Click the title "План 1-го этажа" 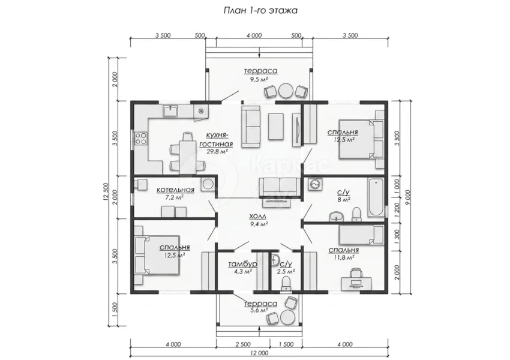260,10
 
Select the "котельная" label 175,190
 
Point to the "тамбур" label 242,264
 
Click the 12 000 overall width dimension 259,353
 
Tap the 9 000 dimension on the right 408,197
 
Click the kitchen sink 170,111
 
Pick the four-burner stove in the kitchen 140,138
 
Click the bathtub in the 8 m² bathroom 376,197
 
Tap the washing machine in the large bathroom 314,184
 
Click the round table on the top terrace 286,91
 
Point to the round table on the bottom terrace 287,317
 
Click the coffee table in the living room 276,126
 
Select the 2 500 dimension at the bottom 243,344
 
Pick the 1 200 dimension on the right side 397,210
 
